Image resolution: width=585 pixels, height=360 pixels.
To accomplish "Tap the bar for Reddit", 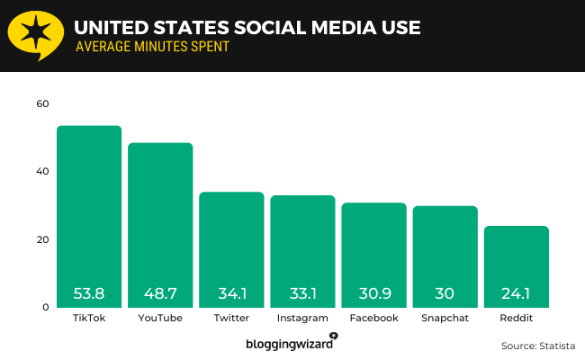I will coord(516,256).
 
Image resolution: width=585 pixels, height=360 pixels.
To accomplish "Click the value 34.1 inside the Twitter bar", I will coord(231,293).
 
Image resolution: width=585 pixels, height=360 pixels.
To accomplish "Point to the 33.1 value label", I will coord(302,293).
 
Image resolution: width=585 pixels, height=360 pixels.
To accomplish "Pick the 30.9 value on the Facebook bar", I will coord(373,293).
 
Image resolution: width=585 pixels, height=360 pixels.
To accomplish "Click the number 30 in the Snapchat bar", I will coord(445,293).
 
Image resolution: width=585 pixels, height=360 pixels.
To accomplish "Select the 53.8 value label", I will coord(89,293).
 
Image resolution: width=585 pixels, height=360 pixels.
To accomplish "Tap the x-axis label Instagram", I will coord(302,319).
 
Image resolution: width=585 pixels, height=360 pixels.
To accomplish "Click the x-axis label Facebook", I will coord(373,319).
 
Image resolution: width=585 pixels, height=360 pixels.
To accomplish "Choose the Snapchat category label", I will coord(445,319).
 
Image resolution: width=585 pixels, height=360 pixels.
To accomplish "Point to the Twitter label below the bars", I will coord(231,319).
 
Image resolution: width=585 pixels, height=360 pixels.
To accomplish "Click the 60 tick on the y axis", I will coord(42,103).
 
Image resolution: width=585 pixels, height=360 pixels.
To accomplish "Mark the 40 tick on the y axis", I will coord(42,172).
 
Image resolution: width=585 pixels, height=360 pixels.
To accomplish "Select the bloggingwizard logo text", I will coord(288,344).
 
